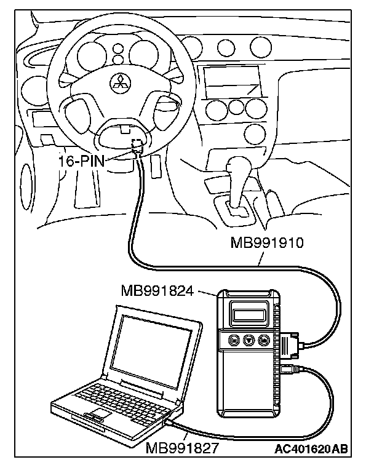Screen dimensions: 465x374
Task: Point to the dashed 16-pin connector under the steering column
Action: point(136,147)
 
